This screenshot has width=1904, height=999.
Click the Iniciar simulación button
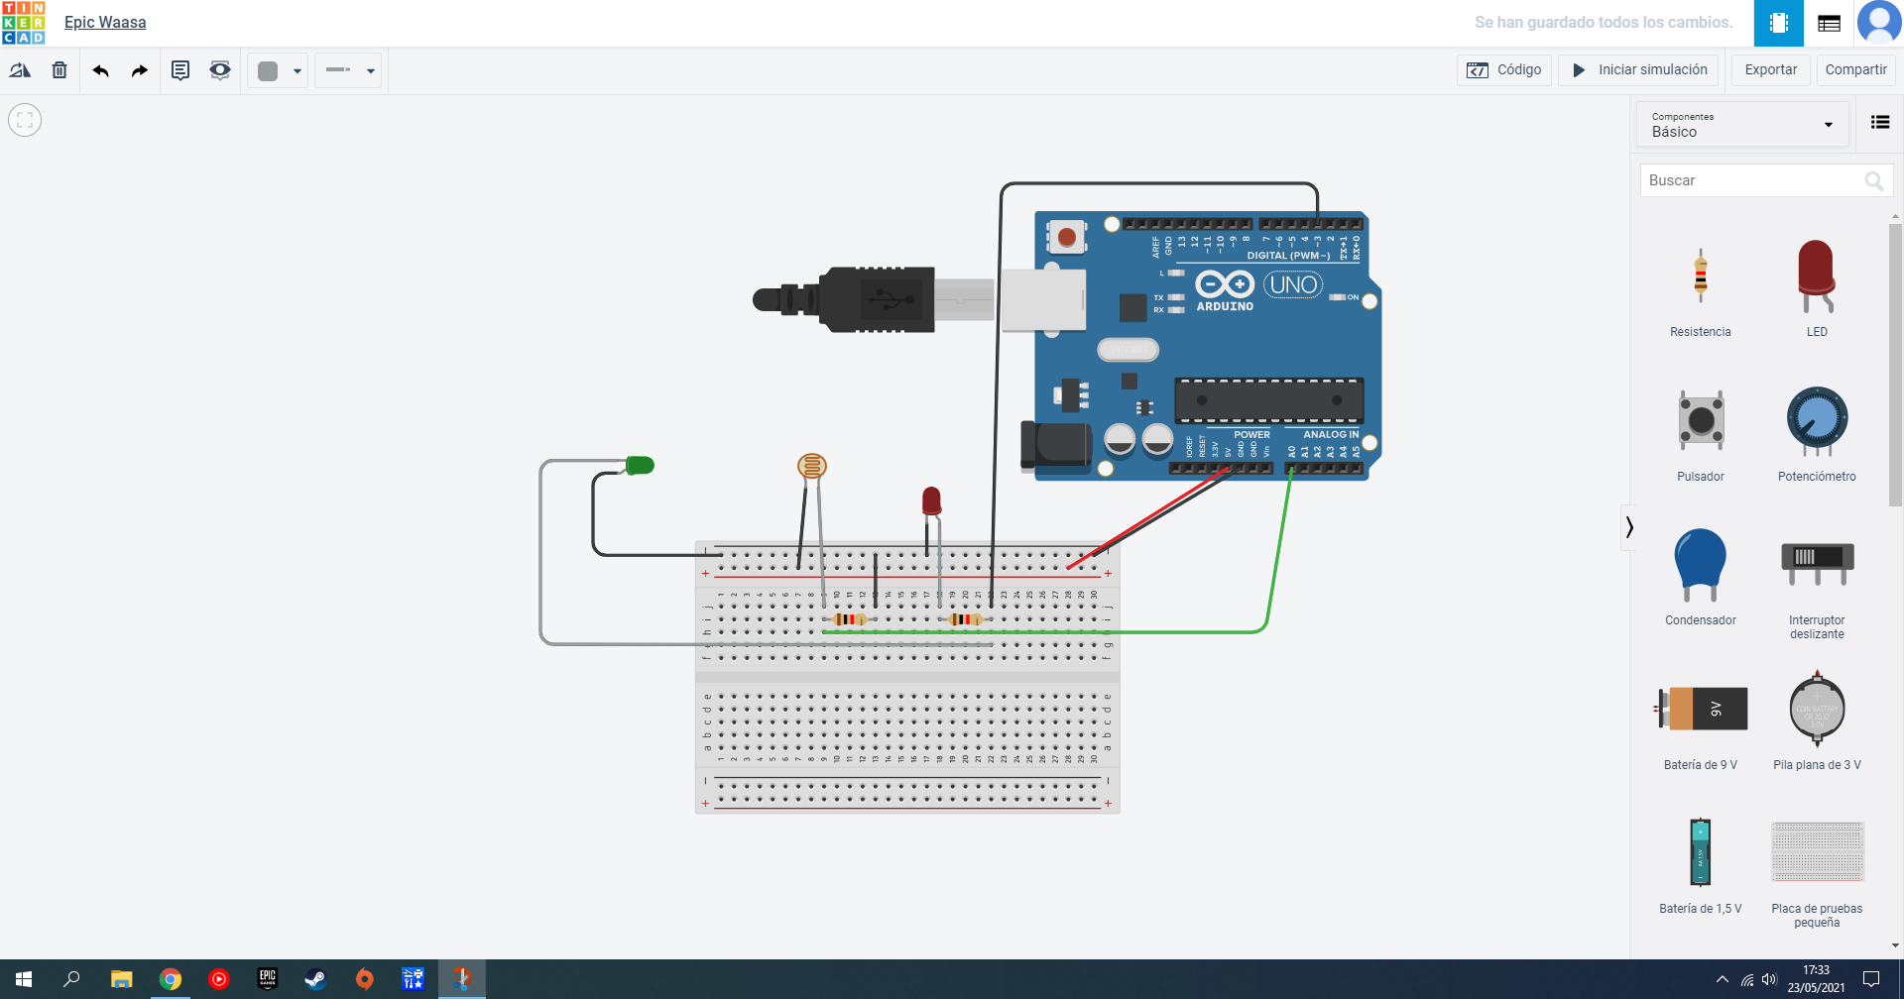(1640, 70)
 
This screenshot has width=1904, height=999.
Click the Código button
(1504, 70)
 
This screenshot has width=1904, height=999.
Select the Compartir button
(1855, 70)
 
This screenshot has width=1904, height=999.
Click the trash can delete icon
(59, 70)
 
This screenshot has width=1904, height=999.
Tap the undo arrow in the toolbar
(100, 70)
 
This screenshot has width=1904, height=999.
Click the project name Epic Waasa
(105, 22)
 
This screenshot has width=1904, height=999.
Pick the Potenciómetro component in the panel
(1817, 421)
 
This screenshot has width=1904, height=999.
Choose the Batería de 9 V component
(1701, 709)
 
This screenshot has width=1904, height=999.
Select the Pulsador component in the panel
(1701, 420)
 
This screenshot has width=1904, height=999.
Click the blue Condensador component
(1700, 563)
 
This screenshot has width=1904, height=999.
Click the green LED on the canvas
(640, 465)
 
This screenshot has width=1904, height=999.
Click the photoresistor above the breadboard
(812, 465)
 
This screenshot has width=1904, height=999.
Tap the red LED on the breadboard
(931, 500)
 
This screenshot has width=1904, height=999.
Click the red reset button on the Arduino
(1067, 237)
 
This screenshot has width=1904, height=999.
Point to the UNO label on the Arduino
(1293, 285)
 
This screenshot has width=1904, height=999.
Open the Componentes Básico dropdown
(1741, 125)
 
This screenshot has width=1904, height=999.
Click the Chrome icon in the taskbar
(171, 979)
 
